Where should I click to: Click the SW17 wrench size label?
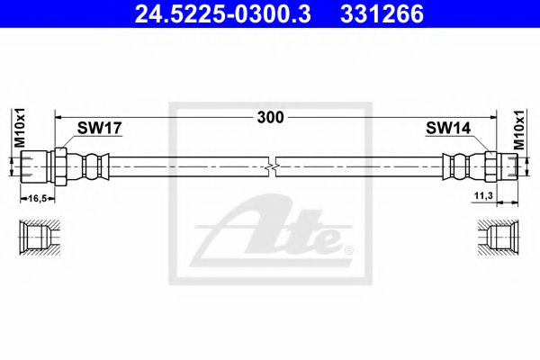pyautogui.click(x=97, y=130)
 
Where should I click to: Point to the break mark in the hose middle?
pyautogui.click(x=273, y=166)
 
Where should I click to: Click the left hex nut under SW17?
pyautogui.click(x=60, y=166)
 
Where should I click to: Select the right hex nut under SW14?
pyautogui.click(x=490, y=166)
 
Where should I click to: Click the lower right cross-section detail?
pyautogui.click(x=500, y=239)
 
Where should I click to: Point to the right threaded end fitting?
pyautogui.click(x=508, y=166)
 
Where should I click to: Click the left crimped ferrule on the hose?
pyautogui.click(x=93, y=166)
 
